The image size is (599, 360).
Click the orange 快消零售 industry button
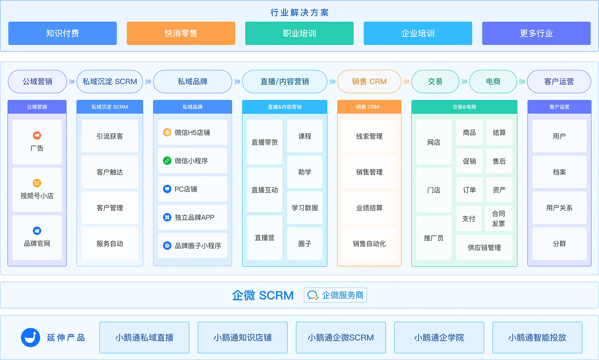[181, 33]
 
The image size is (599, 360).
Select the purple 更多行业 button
[536, 33]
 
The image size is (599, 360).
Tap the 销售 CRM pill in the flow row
[369, 82]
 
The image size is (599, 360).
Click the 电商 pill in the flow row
[493, 82]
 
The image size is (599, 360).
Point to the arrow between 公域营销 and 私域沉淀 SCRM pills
[72, 82]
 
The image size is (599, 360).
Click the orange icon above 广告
[37, 135]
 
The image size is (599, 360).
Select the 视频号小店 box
[37, 190]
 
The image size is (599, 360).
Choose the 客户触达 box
[110, 172]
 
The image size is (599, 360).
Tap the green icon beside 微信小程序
[167, 161]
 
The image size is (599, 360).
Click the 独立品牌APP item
[192, 217]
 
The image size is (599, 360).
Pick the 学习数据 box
[305, 208]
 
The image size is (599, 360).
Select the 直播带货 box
[264, 142]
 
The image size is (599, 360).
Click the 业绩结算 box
[369, 208]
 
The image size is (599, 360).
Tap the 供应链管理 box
[484, 248]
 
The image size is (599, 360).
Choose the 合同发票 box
[498, 219]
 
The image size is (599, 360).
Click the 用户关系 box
[559, 208]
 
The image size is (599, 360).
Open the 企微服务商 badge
[335, 295]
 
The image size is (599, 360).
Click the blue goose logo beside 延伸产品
[31, 338]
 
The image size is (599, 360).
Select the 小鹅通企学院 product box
[439, 338]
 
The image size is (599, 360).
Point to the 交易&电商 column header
[464, 107]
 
